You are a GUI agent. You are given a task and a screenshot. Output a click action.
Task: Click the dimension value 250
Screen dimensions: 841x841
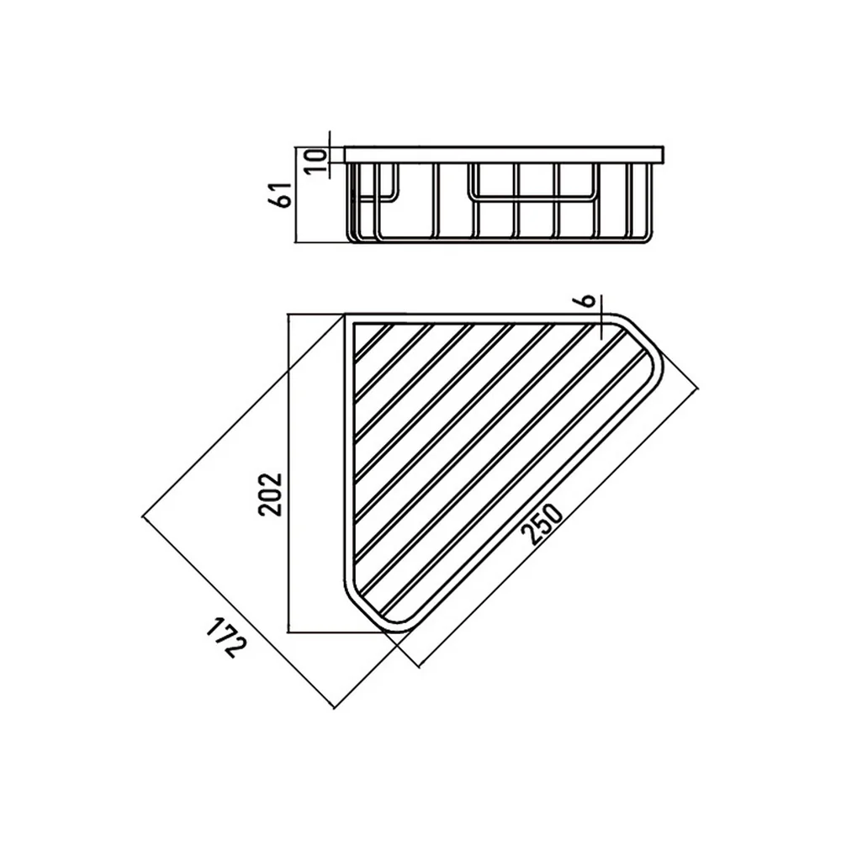coord(542,524)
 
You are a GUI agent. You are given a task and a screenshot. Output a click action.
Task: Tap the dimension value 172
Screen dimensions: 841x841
coord(225,637)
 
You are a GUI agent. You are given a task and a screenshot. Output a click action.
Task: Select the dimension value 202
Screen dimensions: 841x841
coord(270,494)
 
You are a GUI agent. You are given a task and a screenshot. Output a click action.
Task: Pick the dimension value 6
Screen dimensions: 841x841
coord(589,300)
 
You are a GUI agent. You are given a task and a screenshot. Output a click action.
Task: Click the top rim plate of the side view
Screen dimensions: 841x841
coord(504,155)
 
